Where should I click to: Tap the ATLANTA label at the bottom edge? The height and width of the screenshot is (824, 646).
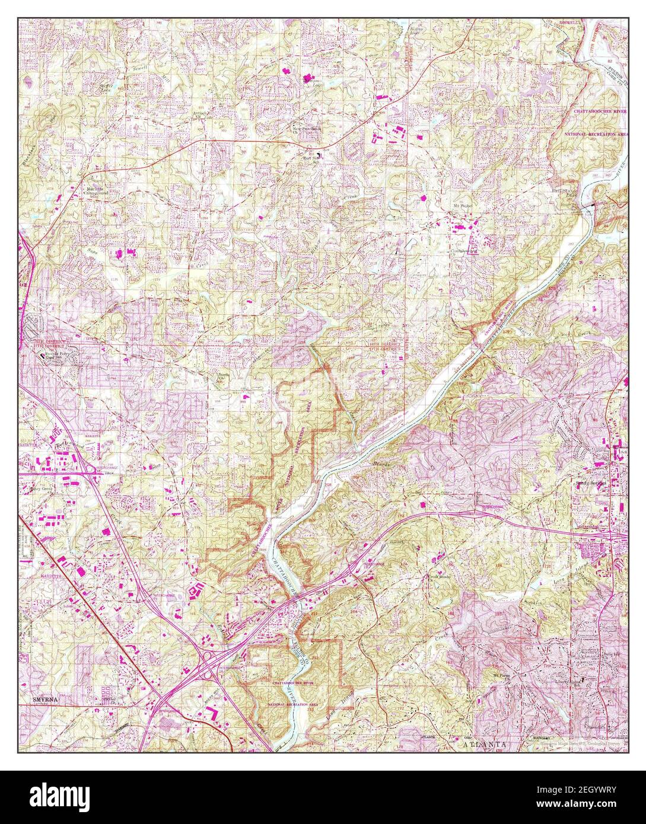(x=485, y=743)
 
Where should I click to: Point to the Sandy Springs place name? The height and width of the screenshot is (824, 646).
(x=591, y=483)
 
